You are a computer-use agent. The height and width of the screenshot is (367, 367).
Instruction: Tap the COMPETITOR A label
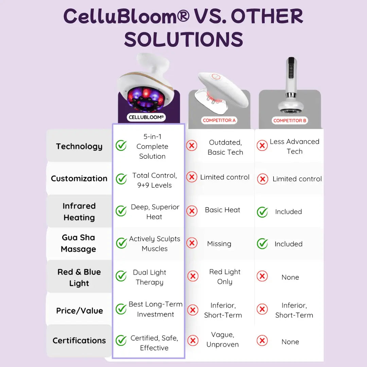(219, 120)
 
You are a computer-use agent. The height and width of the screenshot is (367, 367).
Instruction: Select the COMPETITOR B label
(290, 121)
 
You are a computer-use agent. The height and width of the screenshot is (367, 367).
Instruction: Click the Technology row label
(79, 146)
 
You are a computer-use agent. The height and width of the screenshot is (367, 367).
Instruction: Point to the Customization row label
(79, 178)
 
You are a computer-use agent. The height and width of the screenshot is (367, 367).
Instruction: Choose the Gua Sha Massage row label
(78, 243)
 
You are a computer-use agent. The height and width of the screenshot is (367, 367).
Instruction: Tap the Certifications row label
(79, 340)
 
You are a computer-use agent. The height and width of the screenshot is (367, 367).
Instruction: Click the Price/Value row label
(80, 311)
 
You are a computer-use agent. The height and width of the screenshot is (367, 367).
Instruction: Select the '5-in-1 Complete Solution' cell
(152, 146)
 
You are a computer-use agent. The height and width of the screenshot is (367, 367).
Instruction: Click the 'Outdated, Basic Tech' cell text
(225, 147)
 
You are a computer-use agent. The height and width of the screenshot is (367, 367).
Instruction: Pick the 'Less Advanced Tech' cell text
(295, 146)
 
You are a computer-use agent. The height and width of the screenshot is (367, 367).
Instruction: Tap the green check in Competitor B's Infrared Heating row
(262, 212)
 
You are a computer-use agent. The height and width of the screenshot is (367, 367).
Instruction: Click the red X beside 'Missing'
(192, 243)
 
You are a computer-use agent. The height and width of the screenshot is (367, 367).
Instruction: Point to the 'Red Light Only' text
(225, 277)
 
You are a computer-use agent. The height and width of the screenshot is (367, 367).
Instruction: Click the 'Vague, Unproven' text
(223, 339)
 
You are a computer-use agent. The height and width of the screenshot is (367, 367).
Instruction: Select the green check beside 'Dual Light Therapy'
(121, 276)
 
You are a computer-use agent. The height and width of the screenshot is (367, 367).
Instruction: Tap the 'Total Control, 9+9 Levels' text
(155, 180)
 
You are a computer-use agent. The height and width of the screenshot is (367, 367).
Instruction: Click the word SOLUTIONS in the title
(183, 40)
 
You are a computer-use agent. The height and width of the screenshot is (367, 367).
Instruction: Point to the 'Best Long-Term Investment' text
(156, 309)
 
